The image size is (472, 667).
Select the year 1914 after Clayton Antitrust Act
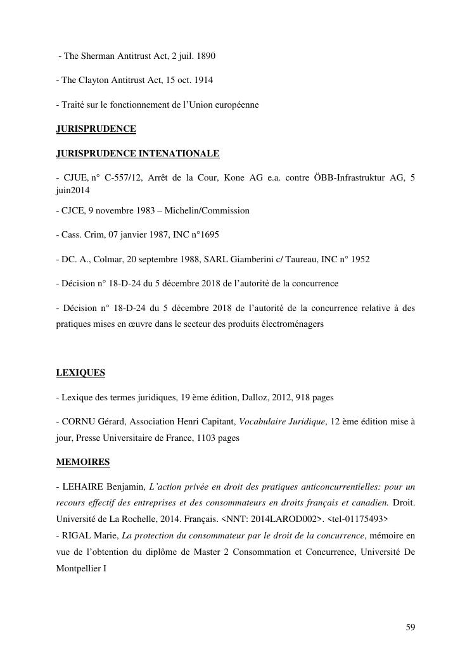point(203,80)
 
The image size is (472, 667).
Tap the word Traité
point(75,105)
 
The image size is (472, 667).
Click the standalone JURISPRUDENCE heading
point(96,129)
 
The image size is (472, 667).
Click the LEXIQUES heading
point(80,372)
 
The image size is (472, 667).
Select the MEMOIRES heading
point(83,462)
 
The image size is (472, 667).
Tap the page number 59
point(410,627)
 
